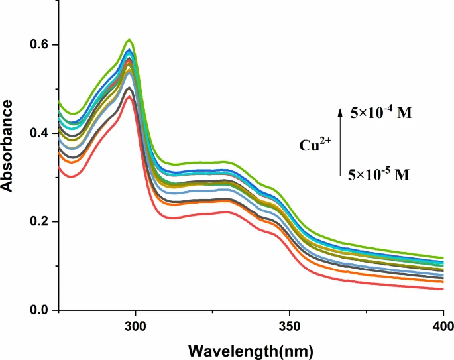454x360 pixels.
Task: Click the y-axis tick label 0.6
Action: pyautogui.click(x=40, y=45)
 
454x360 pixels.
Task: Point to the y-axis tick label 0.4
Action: pyautogui.click(x=40, y=133)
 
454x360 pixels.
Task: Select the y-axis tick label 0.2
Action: pyautogui.click(x=40, y=221)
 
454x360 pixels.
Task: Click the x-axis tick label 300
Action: pyautogui.click(x=135, y=326)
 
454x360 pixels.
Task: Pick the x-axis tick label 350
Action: pyautogui.click(x=289, y=326)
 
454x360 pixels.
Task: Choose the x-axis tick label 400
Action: pyautogui.click(x=442, y=326)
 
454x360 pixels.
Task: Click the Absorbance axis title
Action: pyautogui.click(x=9, y=145)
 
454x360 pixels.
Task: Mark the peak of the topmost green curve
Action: pyautogui.click(x=130, y=40)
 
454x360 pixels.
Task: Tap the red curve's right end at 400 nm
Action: pyautogui.click(x=442, y=289)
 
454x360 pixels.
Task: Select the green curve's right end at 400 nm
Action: pyautogui.click(x=442, y=258)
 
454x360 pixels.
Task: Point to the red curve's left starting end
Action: pyautogui.click(x=59, y=167)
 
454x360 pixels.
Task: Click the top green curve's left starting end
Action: pyautogui.click(x=59, y=101)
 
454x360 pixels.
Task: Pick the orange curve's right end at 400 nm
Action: pyautogui.click(x=442, y=282)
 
